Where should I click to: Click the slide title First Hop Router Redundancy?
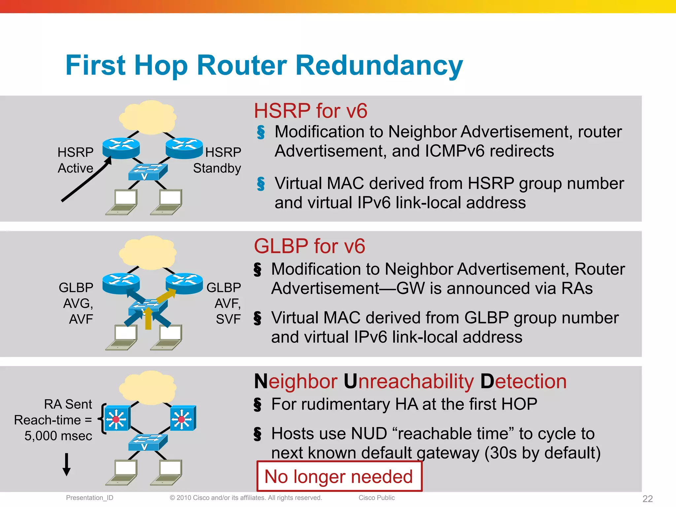[x=264, y=65]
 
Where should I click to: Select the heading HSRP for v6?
[x=310, y=111]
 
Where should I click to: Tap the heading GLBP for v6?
[x=309, y=246]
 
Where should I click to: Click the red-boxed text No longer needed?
[x=339, y=477]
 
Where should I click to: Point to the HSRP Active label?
[x=76, y=160]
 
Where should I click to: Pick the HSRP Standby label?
[x=218, y=160]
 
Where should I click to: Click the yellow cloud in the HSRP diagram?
[x=148, y=117]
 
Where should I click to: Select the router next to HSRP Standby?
[x=184, y=148]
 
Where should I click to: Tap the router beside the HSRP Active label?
[x=121, y=148]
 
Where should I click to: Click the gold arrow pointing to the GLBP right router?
[x=167, y=295]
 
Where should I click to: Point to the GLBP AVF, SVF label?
[x=224, y=303]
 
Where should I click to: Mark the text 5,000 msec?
[x=58, y=436]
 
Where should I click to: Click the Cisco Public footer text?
[x=377, y=498]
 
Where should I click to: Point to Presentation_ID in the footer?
[x=89, y=498]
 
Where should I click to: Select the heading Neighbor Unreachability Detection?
[x=410, y=382]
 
